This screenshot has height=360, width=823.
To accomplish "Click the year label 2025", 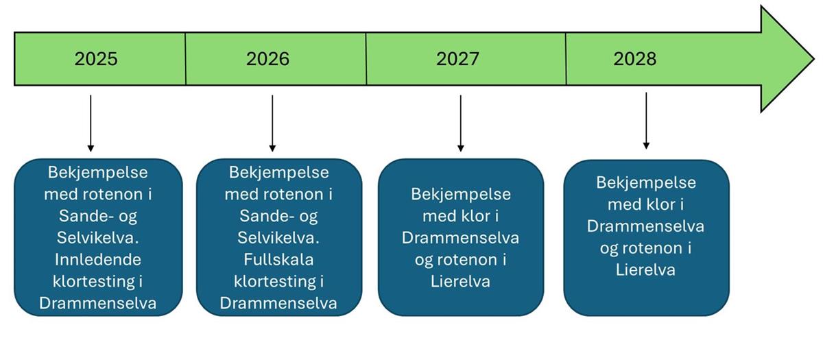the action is tap(96, 59).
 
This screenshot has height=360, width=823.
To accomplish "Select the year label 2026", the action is tap(267, 59).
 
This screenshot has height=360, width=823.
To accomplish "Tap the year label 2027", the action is tap(457, 59).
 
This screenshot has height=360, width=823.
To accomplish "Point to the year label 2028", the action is tap(634, 59).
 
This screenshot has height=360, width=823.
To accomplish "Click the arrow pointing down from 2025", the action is tap(91, 123).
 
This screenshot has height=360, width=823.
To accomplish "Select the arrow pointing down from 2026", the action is tap(272, 123).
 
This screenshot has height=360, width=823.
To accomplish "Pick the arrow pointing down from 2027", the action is tap(461, 123).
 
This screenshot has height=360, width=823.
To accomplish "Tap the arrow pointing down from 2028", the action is tap(646, 121).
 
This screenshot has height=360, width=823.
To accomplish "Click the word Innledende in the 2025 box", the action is tap(97, 260).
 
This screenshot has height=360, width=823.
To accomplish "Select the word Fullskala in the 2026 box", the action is tap(278, 260).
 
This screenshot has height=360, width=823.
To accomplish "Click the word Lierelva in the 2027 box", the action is tap(460, 282).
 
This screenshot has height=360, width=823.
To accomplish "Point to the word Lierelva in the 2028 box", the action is tap(645, 270).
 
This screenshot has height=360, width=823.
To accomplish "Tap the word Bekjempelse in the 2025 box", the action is tap(97, 173).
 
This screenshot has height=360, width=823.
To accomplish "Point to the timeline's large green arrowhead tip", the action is tap(814, 59).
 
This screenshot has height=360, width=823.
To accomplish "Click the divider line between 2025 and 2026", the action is tap(186, 59).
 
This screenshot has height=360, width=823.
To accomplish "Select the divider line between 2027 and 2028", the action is tap(566, 59).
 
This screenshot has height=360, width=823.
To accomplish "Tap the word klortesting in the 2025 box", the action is tap(94, 282).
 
